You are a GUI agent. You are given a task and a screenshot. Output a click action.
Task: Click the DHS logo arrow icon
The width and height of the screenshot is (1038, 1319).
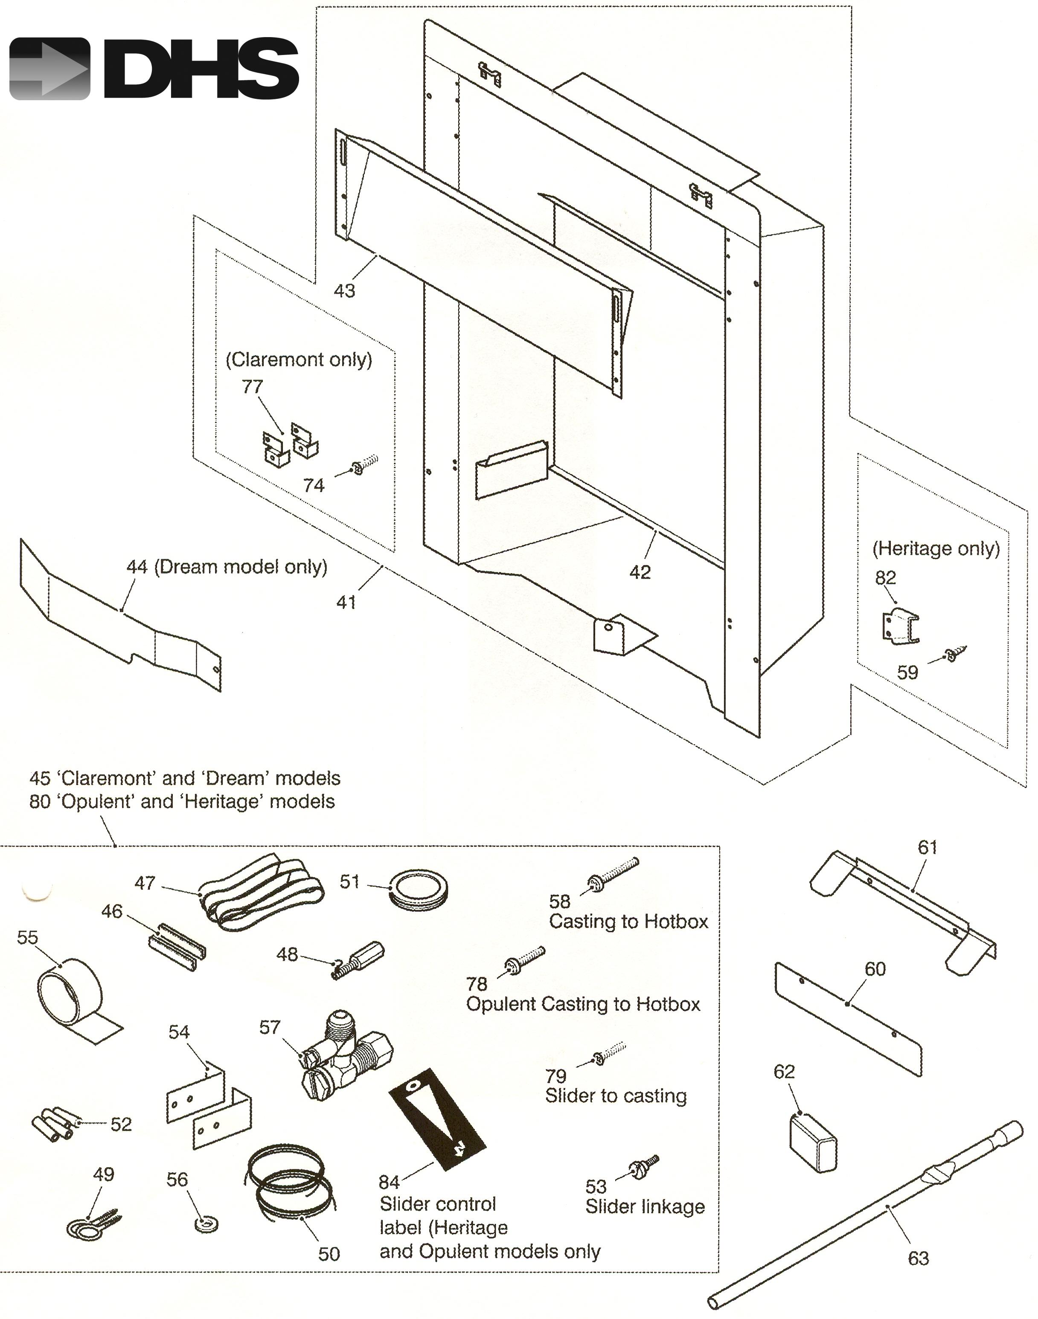tap(50, 69)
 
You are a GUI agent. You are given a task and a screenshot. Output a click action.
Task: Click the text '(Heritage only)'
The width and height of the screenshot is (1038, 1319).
tap(936, 548)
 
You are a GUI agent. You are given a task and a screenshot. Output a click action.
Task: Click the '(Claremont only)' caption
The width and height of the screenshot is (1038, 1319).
tap(299, 359)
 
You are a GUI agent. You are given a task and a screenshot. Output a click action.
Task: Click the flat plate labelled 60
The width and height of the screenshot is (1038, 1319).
tap(849, 1018)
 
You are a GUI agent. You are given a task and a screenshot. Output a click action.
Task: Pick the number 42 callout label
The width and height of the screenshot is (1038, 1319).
tap(640, 572)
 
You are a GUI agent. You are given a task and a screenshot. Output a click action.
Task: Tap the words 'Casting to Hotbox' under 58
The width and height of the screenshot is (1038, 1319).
tap(629, 922)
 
